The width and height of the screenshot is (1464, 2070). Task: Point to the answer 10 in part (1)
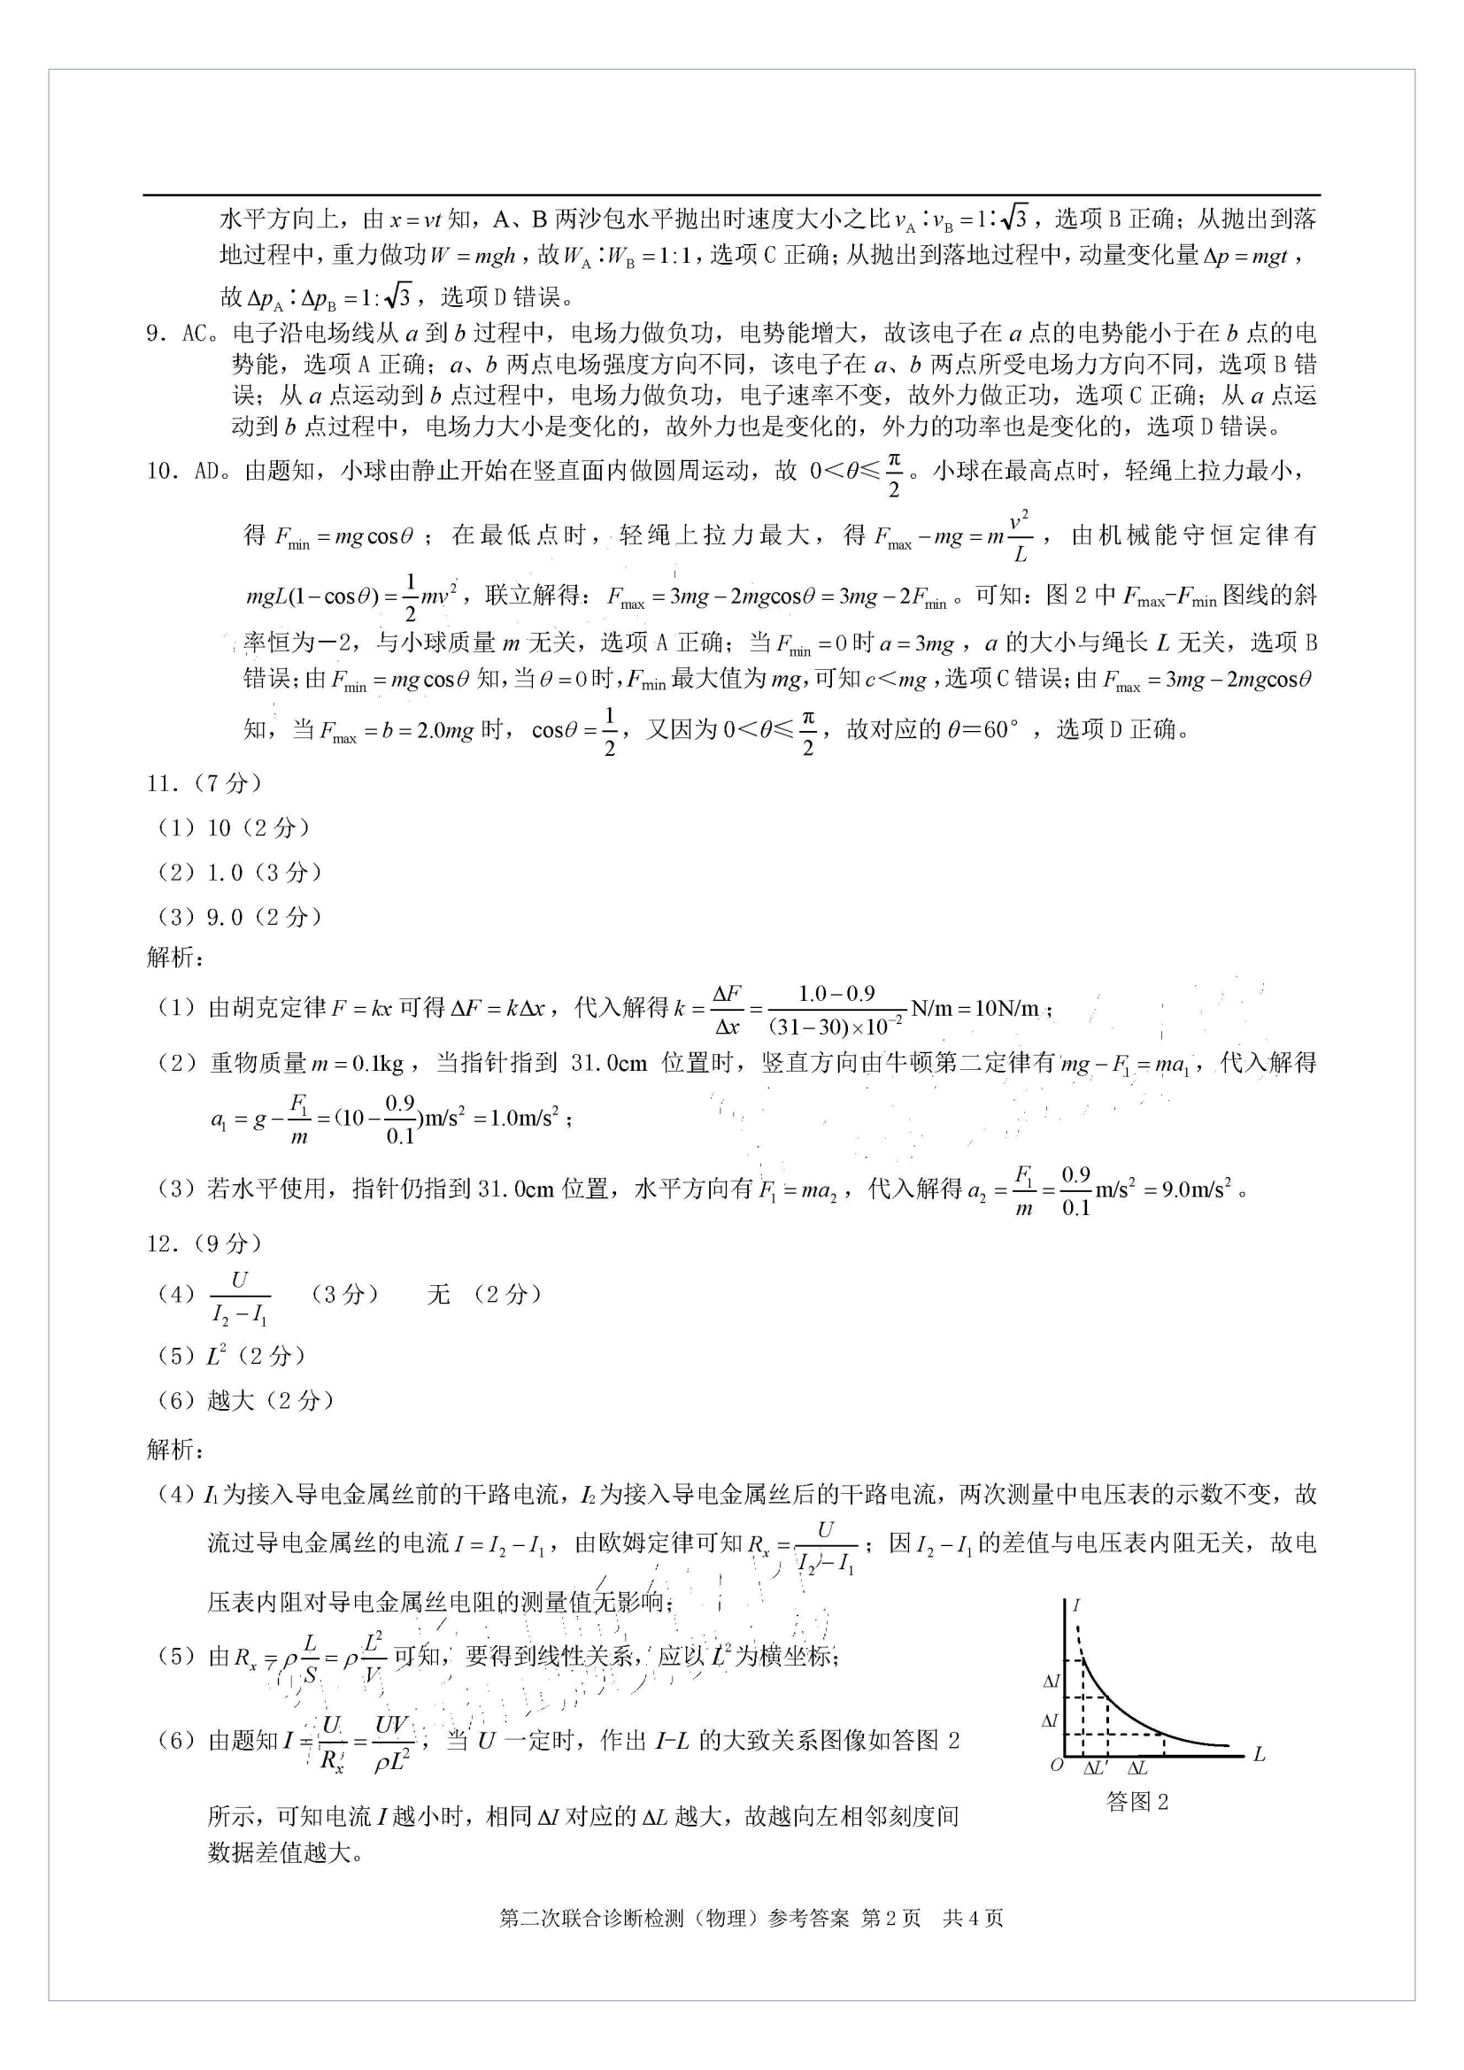point(219,827)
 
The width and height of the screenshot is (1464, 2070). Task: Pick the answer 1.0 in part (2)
point(226,872)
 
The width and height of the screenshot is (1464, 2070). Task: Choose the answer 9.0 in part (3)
point(226,917)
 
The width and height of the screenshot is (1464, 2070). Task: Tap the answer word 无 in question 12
point(438,1295)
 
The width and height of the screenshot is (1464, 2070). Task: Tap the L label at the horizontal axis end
point(1260,1754)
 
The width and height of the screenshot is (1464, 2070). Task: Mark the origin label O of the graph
point(1057,1765)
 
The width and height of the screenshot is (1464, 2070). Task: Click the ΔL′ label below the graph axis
point(1095,1768)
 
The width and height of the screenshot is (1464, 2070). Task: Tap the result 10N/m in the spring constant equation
point(1001,1008)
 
